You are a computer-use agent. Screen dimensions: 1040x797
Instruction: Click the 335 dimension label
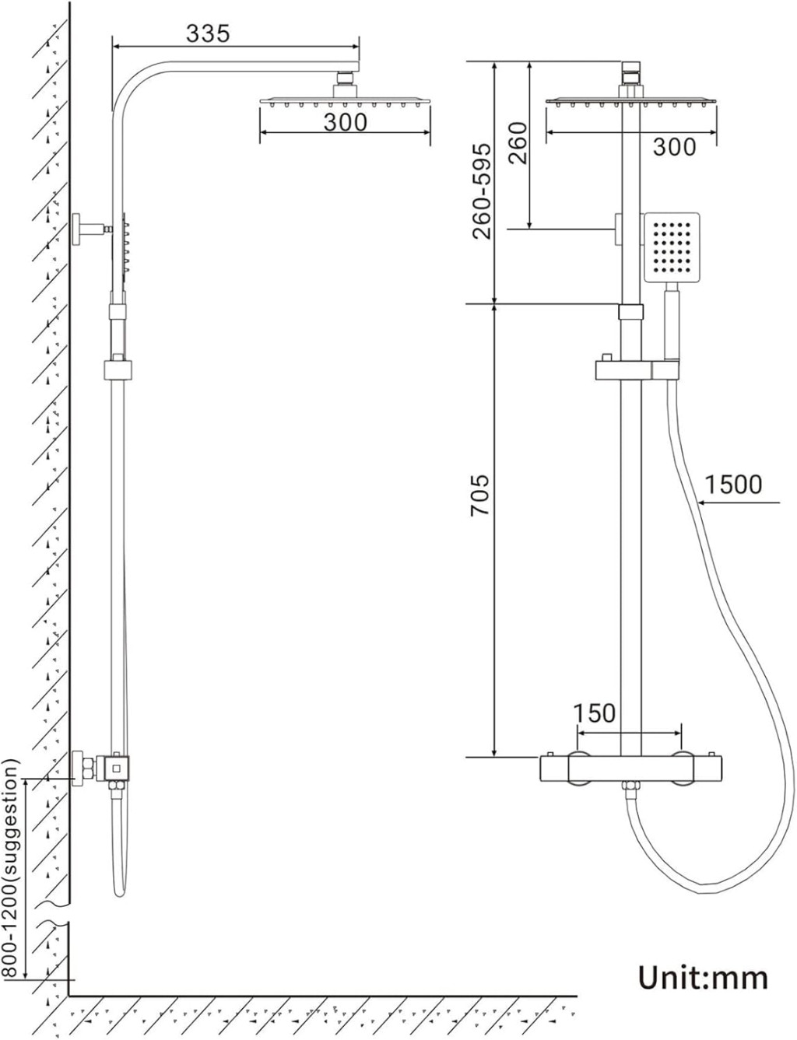(x=208, y=33)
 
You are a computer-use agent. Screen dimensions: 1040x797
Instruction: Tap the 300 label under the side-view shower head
(x=345, y=122)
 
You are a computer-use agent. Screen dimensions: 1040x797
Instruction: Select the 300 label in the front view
(x=674, y=145)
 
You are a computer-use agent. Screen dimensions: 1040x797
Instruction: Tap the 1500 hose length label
(x=733, y=485)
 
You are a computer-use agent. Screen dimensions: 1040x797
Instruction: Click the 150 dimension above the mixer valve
(x=594, y=713)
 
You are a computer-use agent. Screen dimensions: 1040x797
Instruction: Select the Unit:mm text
(x=702, y=977)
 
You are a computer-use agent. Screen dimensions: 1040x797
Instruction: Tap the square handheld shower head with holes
(x=672, y=247)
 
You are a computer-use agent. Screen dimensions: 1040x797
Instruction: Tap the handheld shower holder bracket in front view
(x=637, y=368)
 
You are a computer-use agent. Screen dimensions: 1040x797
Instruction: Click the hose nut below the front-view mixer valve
(x=629, y=792)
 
